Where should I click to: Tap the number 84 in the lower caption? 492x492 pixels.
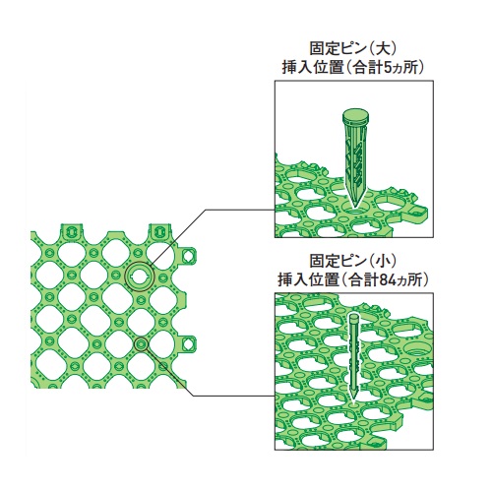(x=387, y=280)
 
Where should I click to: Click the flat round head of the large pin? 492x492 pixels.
(x=356, y=116)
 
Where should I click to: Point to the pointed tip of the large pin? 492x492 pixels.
(x=354, y=207)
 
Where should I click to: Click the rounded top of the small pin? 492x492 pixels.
(x=353, y=318)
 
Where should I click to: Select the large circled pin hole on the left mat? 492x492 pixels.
(x=140, y=277)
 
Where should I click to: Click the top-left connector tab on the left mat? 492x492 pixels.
(x=72, y=231)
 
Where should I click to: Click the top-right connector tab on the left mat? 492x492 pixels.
(x=159, y=231)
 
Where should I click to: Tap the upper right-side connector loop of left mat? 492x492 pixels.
(x=188, y=255)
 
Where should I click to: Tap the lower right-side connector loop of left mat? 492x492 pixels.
(x=188, y=343)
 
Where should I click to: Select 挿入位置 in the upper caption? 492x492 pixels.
(x=311, y=68)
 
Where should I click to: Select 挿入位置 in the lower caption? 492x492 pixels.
(x=308, y=280)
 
